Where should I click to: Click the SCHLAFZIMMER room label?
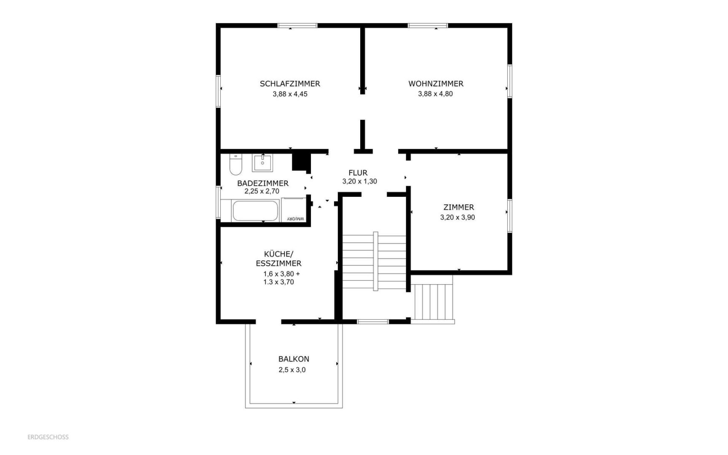290,84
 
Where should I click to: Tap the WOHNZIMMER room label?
436,84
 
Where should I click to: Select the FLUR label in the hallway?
358,173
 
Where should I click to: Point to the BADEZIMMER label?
262,183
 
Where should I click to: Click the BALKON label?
294,359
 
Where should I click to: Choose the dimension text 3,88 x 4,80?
435,94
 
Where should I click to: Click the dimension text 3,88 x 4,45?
290,94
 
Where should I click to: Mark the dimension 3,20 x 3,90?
458,217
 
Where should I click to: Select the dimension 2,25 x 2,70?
262,191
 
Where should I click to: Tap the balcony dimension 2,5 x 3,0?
292,370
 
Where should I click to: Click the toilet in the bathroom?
236,165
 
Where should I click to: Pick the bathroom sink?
262,163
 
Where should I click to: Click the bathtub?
255,211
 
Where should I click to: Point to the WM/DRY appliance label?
295,219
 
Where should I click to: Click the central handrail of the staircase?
375,261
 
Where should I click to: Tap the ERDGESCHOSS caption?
48,437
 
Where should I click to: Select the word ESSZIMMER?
278,264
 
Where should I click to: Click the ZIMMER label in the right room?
458,207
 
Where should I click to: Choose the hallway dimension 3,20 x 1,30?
359,182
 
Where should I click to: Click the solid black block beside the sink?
301,161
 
